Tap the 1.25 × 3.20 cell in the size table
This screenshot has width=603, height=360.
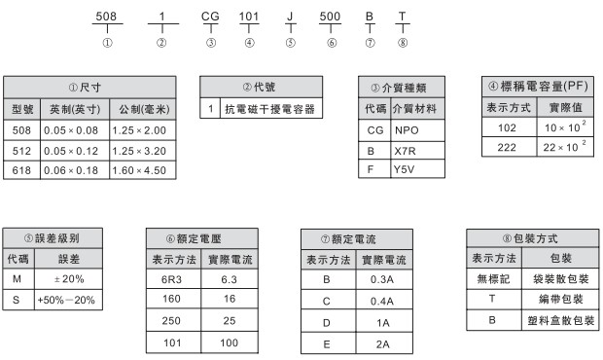(140, 150)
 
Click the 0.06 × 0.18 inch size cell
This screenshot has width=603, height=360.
(72, 170)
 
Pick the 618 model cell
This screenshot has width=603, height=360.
(20, 170)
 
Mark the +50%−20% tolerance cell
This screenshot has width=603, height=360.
(65, 301)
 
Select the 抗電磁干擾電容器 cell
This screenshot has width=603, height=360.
(269, 109)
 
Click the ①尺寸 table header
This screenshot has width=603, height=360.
(89, 88)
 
